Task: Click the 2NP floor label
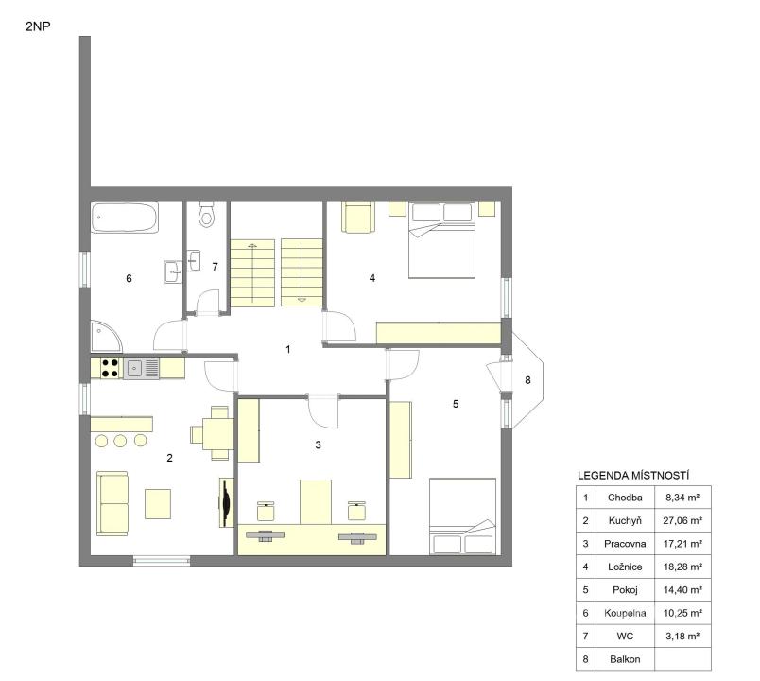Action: click(38, 26)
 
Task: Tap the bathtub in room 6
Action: click(125, 218)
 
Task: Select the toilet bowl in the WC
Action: click(207, 215)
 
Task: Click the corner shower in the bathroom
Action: click(106, 336)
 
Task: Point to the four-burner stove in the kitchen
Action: click(110, 368)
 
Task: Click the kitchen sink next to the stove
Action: click(141, 368)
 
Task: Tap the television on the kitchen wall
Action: click(226, 502)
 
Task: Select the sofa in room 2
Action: click(112, 503)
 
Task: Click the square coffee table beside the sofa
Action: click(158, 504)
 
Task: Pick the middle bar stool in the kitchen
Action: click(120, 441)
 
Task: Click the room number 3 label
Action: click(318, 445)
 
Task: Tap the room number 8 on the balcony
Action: click(527, 380)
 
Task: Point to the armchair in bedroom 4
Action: click(358, 218)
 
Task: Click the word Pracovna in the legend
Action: click(625, 544)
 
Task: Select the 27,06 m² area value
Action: click(682, 520)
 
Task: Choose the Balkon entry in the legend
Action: click(625, 659)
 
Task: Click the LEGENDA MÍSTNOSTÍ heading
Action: click(633, 476)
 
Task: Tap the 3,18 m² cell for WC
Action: click(682, 636)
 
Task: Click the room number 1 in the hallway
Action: click(288, 349)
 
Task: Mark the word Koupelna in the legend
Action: click(625, 613)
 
